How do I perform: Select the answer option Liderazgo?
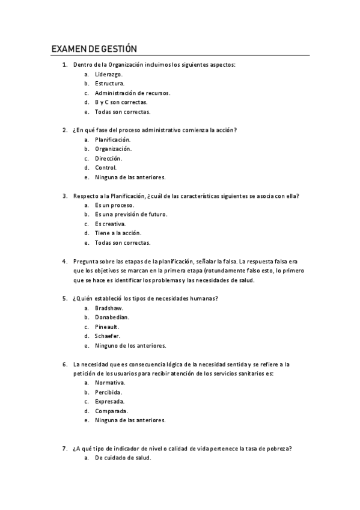[x=108, y=74]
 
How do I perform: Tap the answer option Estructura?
[x=109, y=84]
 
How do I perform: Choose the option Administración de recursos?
[x=132, y=93]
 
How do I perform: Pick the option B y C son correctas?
[x=121, y=102]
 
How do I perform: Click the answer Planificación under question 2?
[x=112, y=140]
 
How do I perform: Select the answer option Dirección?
[x=108, y=158]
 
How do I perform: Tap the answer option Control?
[x=106, y=168]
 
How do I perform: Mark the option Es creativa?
[x=109, y=224]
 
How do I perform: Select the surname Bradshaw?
[x=109, y=308]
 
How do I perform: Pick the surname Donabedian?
[x=112, y=318]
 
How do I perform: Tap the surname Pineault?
[x=108, y=327]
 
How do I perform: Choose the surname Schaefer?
[x=108, y=336]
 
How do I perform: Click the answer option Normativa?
[x=109, y=382]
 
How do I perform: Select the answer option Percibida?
[x=108, y=392]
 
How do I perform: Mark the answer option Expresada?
[x=109, y=401]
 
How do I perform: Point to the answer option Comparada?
[x=111, y=411]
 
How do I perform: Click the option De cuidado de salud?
[x=123, y=458]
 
